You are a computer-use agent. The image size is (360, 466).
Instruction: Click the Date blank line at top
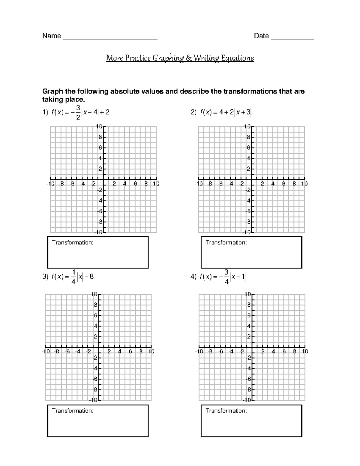[292, 38]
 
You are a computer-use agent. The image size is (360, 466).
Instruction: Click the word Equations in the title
[237, 58]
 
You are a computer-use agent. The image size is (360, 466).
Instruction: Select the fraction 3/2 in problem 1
[78, 113]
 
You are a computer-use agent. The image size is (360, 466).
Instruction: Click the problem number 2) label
[193, 113]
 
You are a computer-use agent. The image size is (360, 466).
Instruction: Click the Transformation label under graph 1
[73, 242]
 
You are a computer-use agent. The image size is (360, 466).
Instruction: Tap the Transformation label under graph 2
[226, 242]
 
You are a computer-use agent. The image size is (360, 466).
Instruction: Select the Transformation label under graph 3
[73, 410]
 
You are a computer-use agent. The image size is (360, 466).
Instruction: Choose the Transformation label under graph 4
[226, 410]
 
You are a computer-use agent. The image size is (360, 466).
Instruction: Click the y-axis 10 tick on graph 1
[99, 127]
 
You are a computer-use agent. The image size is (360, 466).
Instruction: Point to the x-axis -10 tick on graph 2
[199, 184]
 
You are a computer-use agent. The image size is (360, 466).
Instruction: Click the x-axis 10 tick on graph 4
[305, 351]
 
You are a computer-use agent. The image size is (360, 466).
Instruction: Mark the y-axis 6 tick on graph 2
[248, 148]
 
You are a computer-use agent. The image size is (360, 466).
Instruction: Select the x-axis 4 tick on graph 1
[125, 184]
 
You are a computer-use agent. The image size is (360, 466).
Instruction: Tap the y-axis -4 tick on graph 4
[248, 368]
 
